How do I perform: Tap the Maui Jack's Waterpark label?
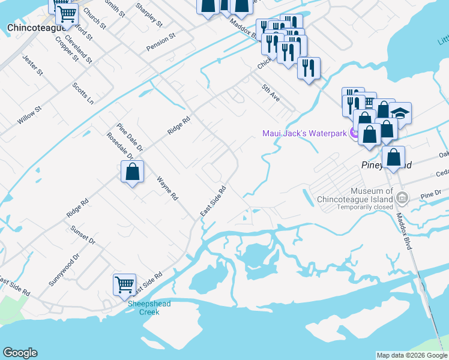click(304, 133)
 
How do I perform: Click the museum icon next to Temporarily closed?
click(403, 197)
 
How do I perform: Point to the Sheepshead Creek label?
click(149, 308)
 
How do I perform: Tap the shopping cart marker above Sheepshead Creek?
click(124, 284)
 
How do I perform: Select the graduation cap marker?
click(400, 112)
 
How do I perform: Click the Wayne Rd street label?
click(167, 188)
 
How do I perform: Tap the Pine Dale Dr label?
click(130, 137)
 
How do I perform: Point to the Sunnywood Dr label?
click(64, 270)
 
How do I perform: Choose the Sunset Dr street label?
click(83, 234)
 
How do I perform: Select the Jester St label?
click(32, 65)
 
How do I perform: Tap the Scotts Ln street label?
click(83, 93)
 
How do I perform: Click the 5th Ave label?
click(271, 92)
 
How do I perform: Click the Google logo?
click(20, 353)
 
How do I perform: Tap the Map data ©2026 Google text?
click(411, 355)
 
